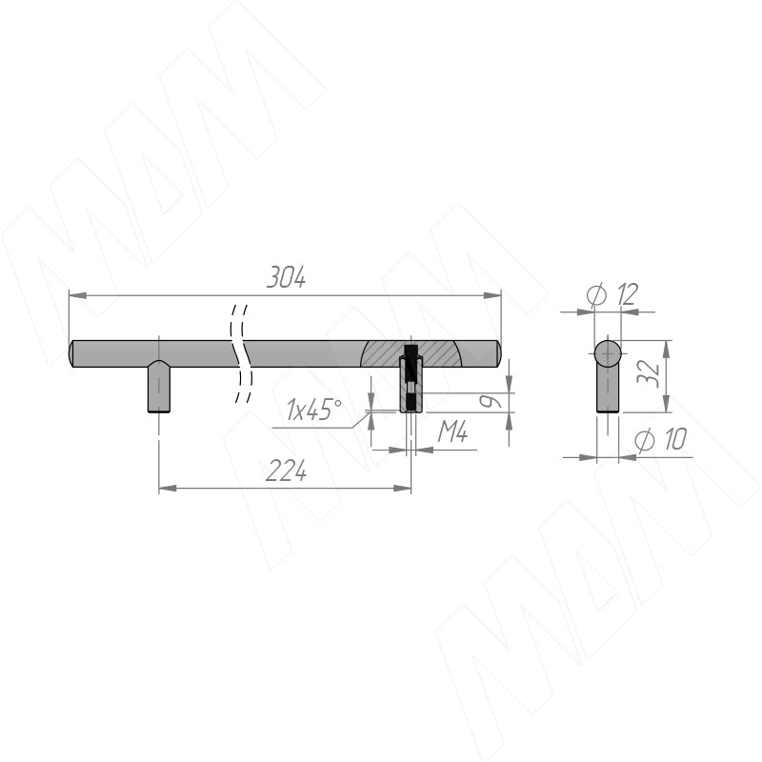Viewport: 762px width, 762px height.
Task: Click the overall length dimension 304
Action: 287,278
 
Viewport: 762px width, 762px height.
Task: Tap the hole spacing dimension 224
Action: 287,471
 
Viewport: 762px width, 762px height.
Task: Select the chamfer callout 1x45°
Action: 313,410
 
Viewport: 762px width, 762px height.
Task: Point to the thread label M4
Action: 452,431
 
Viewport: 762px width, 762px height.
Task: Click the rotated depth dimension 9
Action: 490,401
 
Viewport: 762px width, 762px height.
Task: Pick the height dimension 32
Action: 649,373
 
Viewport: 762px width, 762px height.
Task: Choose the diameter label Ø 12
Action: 612,294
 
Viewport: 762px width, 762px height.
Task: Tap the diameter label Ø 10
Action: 661,440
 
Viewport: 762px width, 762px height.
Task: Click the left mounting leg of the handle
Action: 159,388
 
